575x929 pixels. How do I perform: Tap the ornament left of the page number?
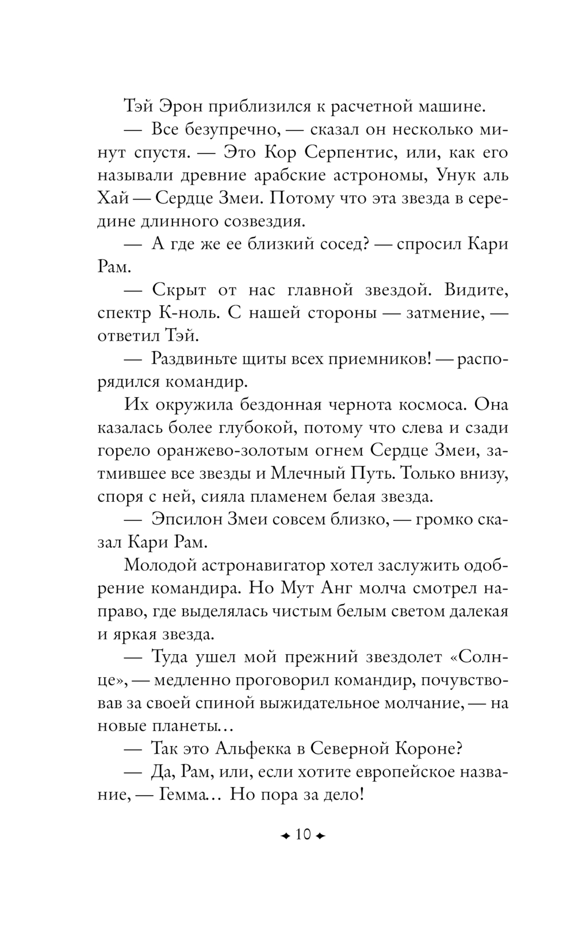(285, 835)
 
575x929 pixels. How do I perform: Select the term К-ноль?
(189, 313)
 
